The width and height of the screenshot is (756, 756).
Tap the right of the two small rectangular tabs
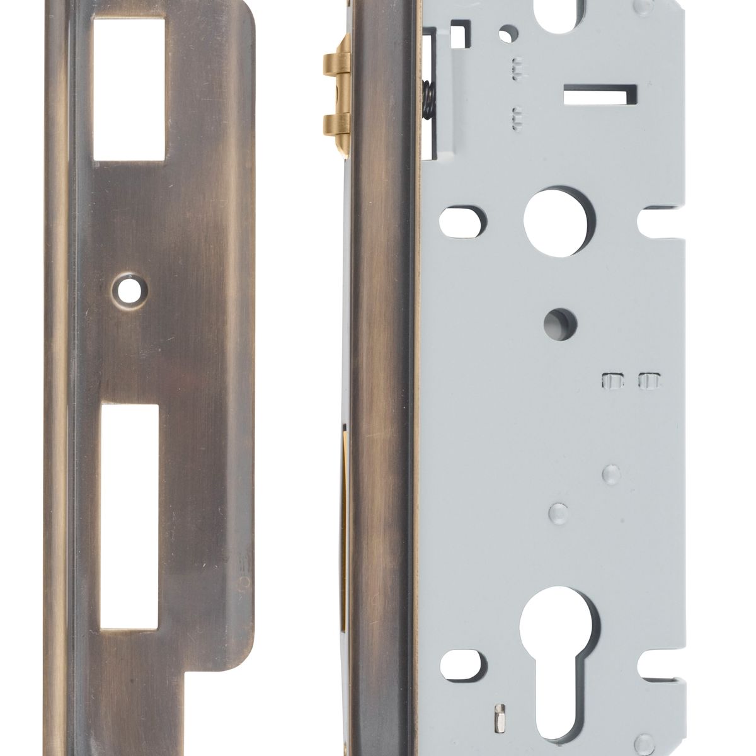(648, 381)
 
